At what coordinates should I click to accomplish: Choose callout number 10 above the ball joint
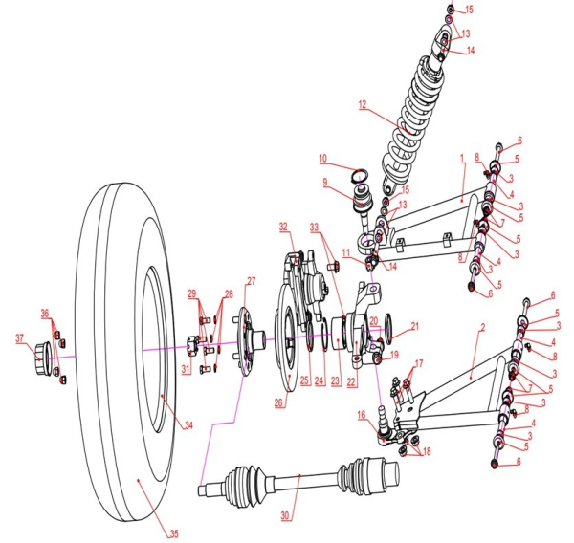pyautogui.click(x=323, y=158)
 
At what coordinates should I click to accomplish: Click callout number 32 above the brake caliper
pyautogui.click(x=284, y=227)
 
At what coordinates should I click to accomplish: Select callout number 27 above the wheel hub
pyautogui.click(x=251, y=280)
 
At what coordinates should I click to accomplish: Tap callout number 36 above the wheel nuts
pyautogui.click(x=44, y=313)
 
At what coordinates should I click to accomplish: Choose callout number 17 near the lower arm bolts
pyautogui.click(x=418, y=363)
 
